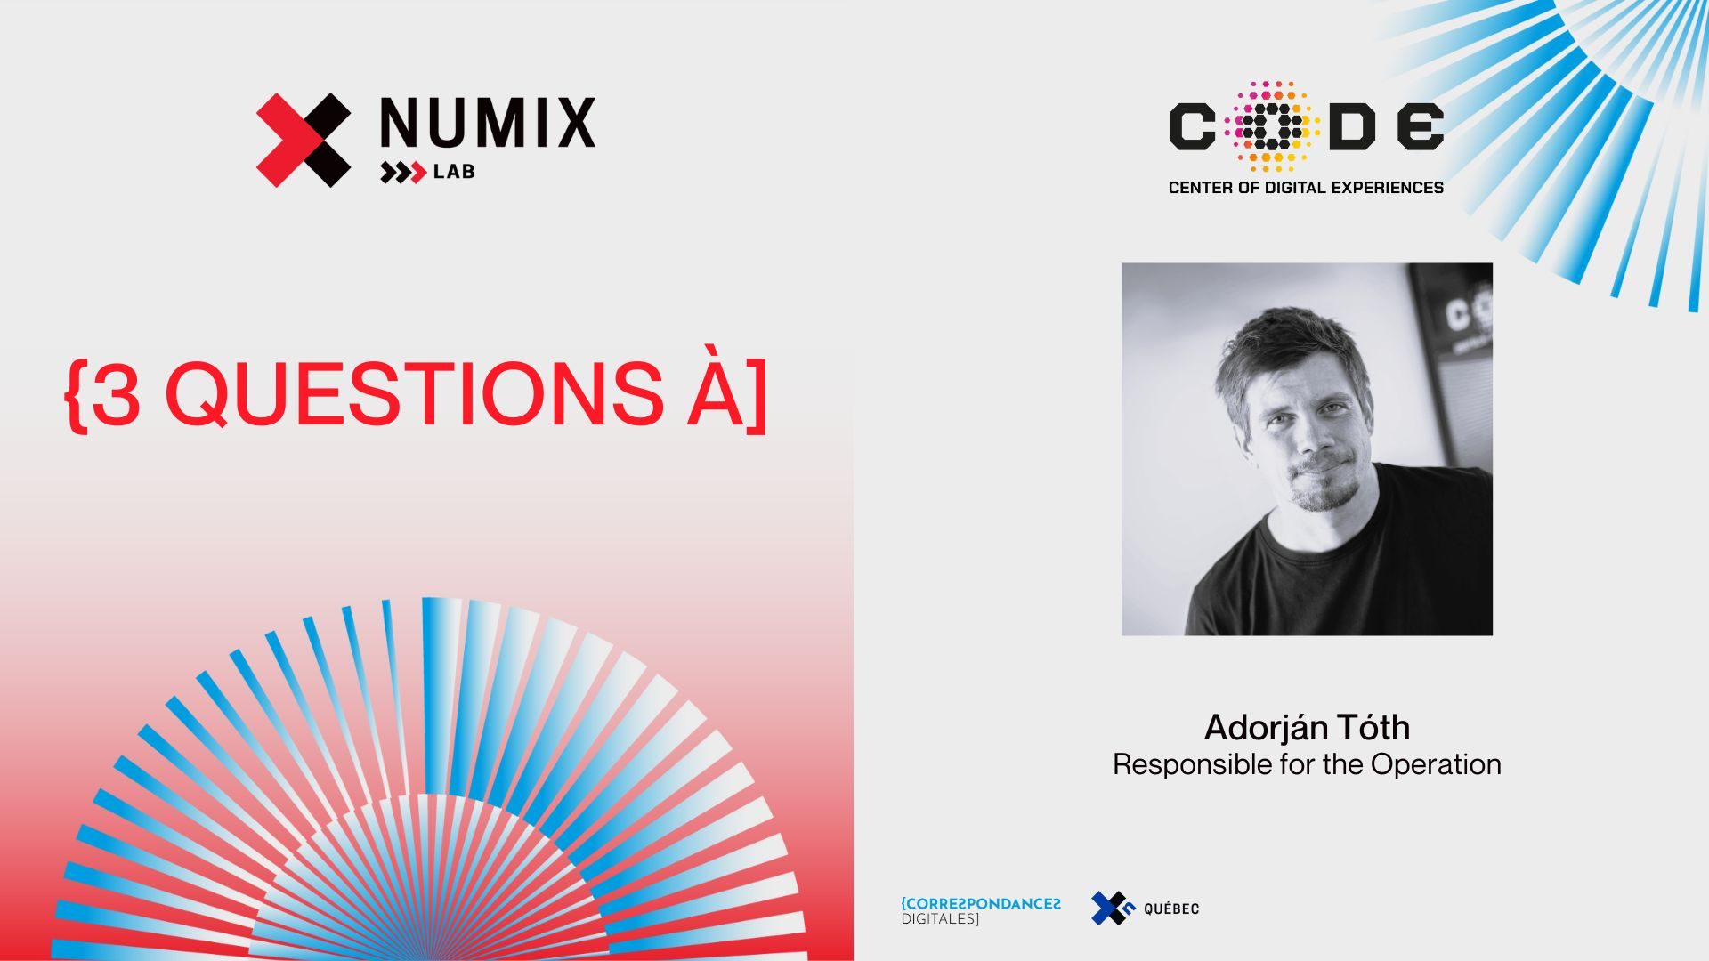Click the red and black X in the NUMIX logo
point(304,140)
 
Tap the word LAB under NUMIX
point(454,172)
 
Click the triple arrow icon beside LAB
point(403,173)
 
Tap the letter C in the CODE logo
point(1192,126)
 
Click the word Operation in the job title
point(1436,765)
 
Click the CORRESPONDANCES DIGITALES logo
point(981,910)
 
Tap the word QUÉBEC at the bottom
point(1171,909)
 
